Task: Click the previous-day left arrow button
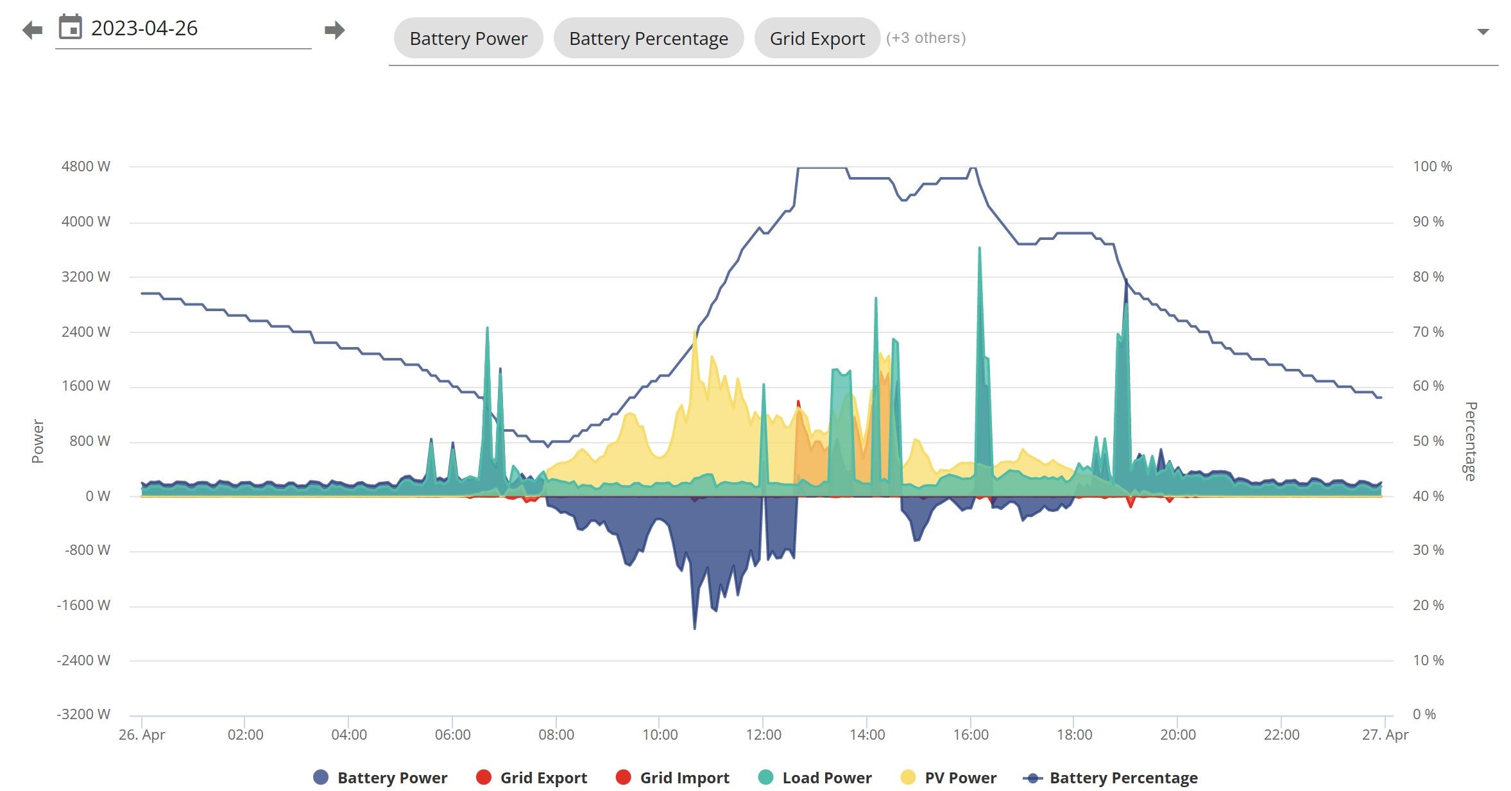[x=32, y=30]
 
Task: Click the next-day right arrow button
[x=335, y=30]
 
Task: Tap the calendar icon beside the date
[x=71, y=28]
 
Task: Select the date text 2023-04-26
[x=144, y=28]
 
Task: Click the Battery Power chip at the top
[x=468, y=38]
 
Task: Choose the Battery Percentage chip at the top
[x=649, y=38]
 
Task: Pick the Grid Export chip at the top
[x=817, y=38]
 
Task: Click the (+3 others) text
[x=926, y=38]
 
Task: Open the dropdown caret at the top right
[x=1483, y=31]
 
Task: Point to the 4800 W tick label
[x=86, y=167]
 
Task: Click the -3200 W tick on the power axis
[x=83, y=715]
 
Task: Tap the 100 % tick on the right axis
[x=1432, y=167]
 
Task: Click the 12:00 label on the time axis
[x=764, y=735]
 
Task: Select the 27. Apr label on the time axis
[x=1385, y=735]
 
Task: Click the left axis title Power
[x=38, y=441]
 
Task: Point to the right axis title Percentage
[x=1471, y=441]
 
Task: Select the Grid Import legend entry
[x=672, y=778]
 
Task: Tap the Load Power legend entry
[x=814, y=778]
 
